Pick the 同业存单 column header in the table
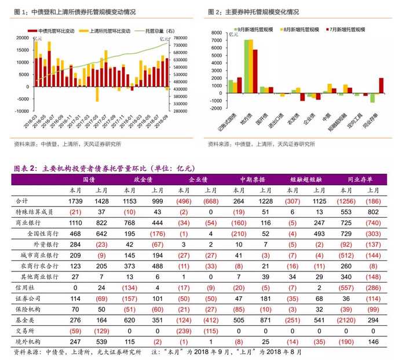point(361,179)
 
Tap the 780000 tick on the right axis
point(178,38)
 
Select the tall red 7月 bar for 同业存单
point(381,85)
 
